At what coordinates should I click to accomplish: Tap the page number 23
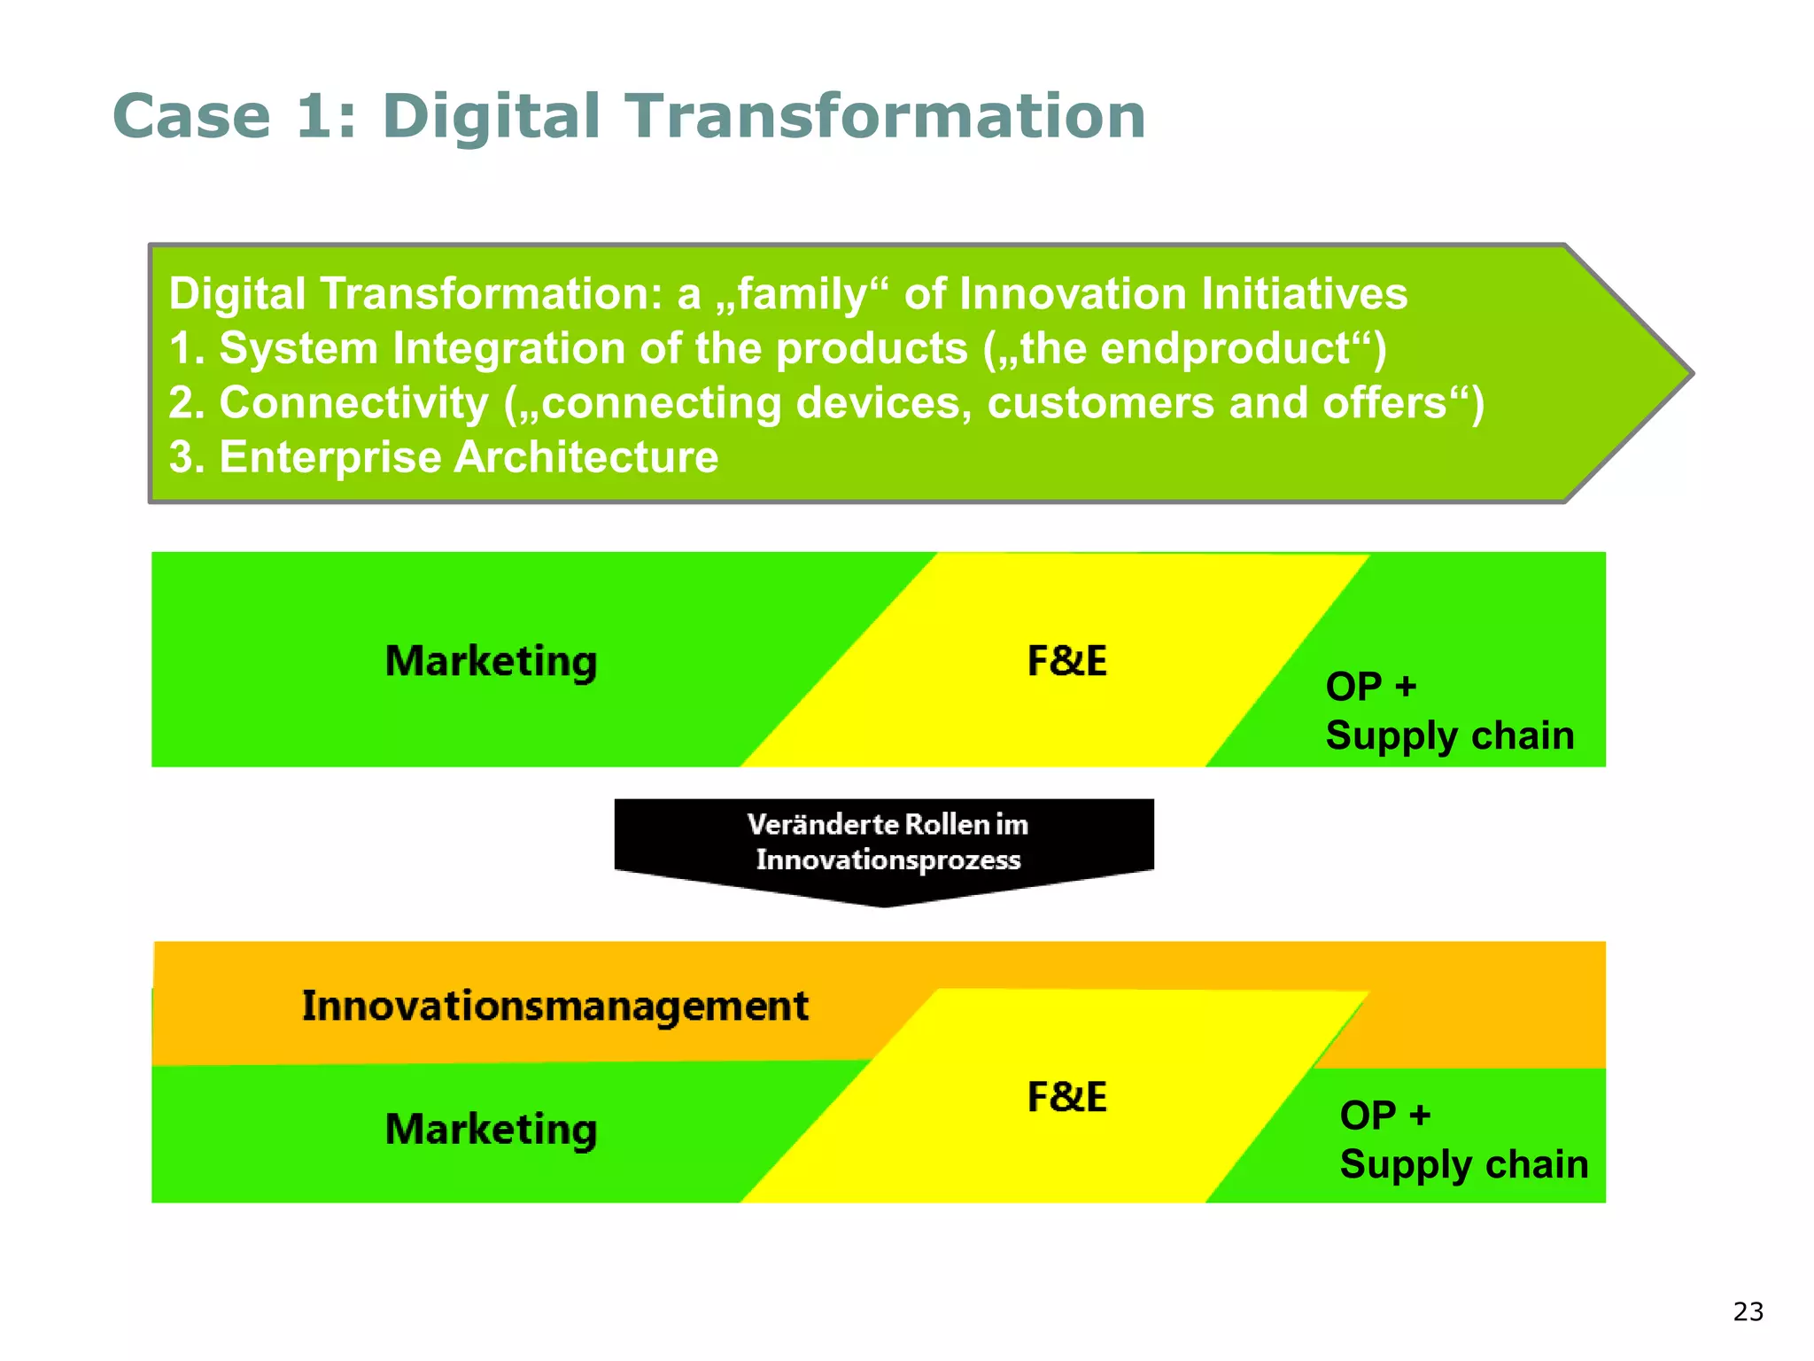1748,1311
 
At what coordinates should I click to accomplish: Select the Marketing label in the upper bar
491,661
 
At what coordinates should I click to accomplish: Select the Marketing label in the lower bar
491,1129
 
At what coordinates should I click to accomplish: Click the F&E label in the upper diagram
1066,661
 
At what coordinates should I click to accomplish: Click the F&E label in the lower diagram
1066,1097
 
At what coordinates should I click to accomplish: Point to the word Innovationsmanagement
554,1006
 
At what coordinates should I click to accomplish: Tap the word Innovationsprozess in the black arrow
888,859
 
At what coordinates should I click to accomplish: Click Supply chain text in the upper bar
1449,735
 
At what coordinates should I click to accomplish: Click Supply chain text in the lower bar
1463,1164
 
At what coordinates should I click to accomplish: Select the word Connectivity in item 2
353,403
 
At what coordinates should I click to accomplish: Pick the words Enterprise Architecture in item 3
468,457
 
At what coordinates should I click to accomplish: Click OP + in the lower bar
1384,1115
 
